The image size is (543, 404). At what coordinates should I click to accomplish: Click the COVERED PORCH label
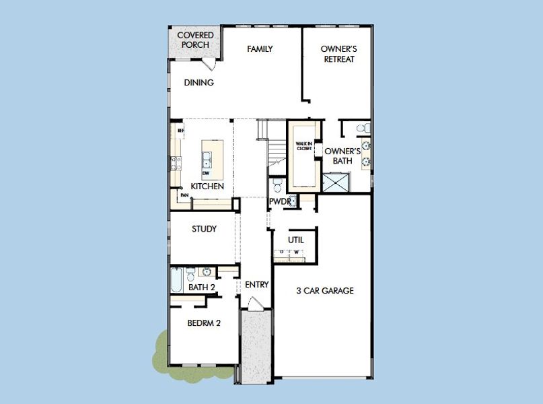[195, 40]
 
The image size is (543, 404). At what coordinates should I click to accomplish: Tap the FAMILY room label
[260, 49]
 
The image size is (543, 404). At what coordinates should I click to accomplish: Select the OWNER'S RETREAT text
[338, 54]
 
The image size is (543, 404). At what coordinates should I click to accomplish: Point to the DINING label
[198, 83]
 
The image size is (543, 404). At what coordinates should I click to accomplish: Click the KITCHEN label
[207, 186]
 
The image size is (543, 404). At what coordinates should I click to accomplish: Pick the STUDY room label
[204, 229]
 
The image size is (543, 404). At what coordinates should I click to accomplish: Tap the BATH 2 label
[201, 288]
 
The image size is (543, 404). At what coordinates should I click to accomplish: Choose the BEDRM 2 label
[204, 323]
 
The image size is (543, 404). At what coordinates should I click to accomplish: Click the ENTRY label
[256, 285]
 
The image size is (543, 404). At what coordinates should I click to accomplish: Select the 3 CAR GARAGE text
[325, 291]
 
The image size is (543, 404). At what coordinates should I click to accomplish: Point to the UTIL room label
[296, 240]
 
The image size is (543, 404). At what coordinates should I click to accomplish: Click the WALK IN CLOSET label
[304, 146]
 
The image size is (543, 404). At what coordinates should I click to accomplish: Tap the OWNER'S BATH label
[343, 156]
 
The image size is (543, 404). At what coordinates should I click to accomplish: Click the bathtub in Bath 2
[176, 279]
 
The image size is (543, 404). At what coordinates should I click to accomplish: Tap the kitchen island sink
[207, 160]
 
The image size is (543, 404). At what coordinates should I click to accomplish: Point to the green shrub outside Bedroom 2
[161, 350]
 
